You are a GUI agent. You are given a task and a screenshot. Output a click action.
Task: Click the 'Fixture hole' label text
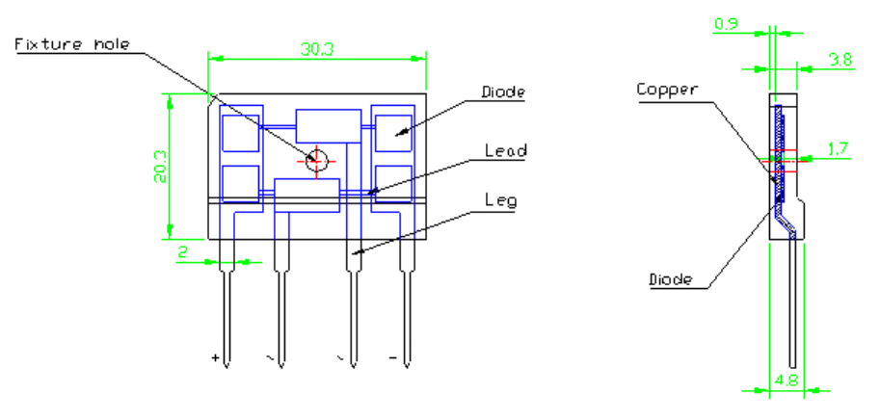pyautogui.click(x=72, y=44)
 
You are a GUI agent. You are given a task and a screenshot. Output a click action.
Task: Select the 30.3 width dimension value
pyautogui.click(x=317, y=49)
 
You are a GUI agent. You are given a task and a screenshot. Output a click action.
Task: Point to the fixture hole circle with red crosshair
pyautogui.click(x=316, y=162)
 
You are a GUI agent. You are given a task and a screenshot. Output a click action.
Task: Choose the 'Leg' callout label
pyautogui.click(x=500, y=200)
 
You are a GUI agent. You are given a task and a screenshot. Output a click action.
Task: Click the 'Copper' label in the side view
pyautogui.click(x=667, y=89)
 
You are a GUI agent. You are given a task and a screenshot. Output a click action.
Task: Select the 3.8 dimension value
pyautogui.click(x=840, y=60)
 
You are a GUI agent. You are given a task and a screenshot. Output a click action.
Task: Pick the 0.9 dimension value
pyautogui.click(x=726, y=25)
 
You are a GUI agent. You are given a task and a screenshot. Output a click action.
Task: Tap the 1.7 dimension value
pyautogui.click(x=839, y=149)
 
